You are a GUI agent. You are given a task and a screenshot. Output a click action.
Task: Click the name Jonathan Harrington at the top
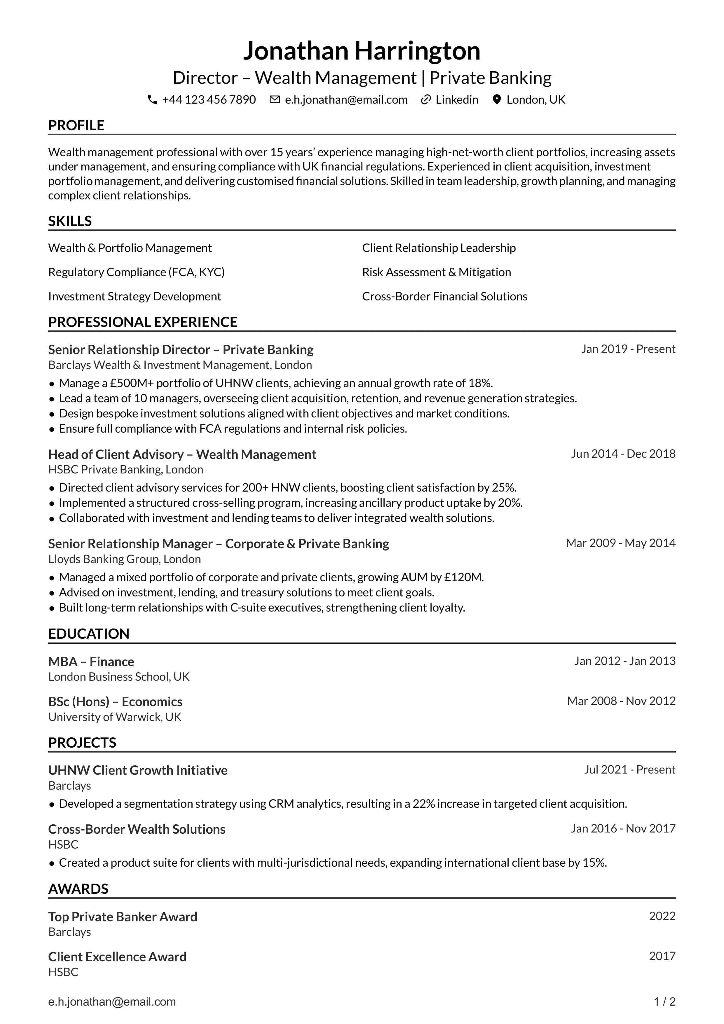coord(362,51)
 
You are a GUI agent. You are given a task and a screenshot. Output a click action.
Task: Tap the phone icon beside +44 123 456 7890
coord(152,100)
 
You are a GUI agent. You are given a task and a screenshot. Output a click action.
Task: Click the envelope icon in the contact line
coord(275,100)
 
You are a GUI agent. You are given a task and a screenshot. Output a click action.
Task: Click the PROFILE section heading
coord(76,125)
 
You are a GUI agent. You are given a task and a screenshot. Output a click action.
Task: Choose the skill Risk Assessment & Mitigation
coord(437,272)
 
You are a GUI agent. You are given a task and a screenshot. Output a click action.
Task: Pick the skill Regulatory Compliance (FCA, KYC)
coord(136,272)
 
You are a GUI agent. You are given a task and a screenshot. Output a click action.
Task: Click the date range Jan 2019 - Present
coord(628,349)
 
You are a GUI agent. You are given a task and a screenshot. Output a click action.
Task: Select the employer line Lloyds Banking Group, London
coord(124,559)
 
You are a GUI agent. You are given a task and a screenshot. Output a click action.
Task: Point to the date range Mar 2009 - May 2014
coord(621,543)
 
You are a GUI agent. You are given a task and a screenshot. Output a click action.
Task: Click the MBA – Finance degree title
coord(91,661)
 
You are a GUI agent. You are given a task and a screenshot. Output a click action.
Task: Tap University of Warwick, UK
coord(115,717)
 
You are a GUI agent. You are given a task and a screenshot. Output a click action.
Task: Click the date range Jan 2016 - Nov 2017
coord(623,828)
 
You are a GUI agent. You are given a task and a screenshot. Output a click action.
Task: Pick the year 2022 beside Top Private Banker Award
coord(662,916)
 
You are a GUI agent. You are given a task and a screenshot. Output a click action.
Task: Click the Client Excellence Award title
coord(117,957)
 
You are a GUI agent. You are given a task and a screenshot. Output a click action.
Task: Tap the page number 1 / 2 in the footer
coord(664,1002)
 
